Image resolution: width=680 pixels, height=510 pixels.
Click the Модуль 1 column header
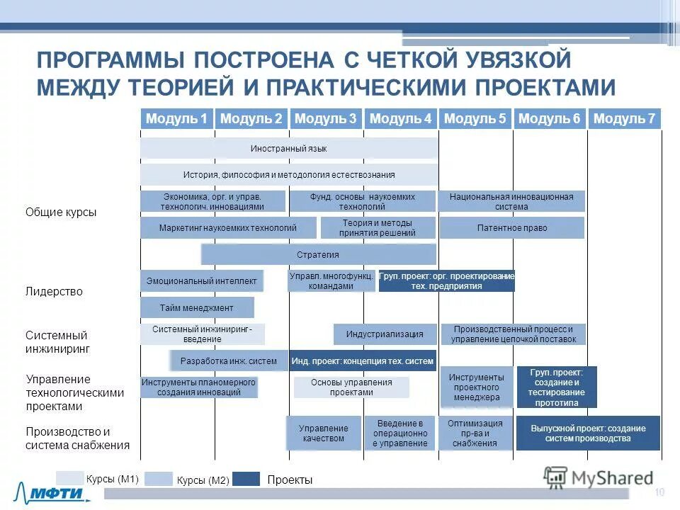pos(176,119)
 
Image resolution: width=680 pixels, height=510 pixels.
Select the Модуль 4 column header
pos(400,119)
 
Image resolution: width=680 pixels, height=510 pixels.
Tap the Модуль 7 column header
pos(624,119)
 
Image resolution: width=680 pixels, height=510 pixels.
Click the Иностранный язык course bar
pos(288,149)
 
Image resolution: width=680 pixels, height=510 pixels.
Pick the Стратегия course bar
pos(318,255)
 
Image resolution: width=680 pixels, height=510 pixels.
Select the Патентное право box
pos(511,228)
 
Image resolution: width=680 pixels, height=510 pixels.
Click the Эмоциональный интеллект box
pos(202,281)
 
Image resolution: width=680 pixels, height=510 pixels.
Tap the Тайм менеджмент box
pos(196,307)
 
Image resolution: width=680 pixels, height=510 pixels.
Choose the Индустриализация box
pos(385,334)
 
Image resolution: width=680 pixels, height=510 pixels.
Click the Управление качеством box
pos(323,433)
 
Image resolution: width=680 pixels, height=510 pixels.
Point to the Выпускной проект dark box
pos(587,433)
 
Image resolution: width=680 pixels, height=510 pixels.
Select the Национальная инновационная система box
pos(511,202)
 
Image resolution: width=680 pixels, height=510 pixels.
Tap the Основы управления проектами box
pos(351,387)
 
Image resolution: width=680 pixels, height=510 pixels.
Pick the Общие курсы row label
pos(61,212)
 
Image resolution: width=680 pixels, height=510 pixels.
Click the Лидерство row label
pos(54,291)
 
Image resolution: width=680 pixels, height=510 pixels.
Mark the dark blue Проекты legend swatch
pos(246,480)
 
